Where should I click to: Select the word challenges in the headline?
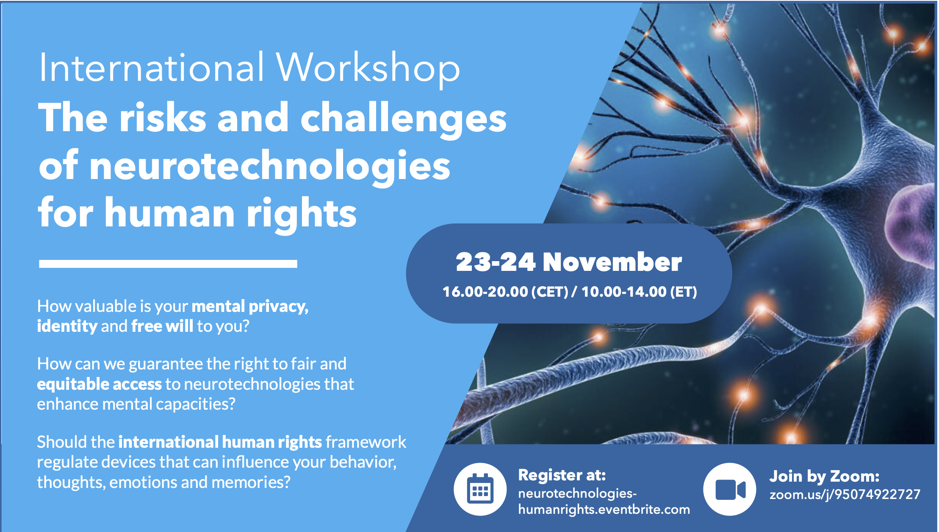point(403,119)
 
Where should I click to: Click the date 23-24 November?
point(569,262)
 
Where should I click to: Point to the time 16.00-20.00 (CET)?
point(505,292)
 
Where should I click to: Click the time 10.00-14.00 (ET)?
point(639,292)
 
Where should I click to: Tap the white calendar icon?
point(480,489)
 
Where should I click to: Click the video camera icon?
point(730,489)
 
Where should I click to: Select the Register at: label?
point(562,475)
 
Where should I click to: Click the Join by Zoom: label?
point(824,477)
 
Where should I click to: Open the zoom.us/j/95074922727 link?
point(845,494)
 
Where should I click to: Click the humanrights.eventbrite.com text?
point(604,509)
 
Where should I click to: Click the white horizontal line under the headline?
point(168,264)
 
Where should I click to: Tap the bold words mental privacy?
point(250,306)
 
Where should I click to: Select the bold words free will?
point(162,326)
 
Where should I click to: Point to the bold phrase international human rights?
point(220,442)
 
